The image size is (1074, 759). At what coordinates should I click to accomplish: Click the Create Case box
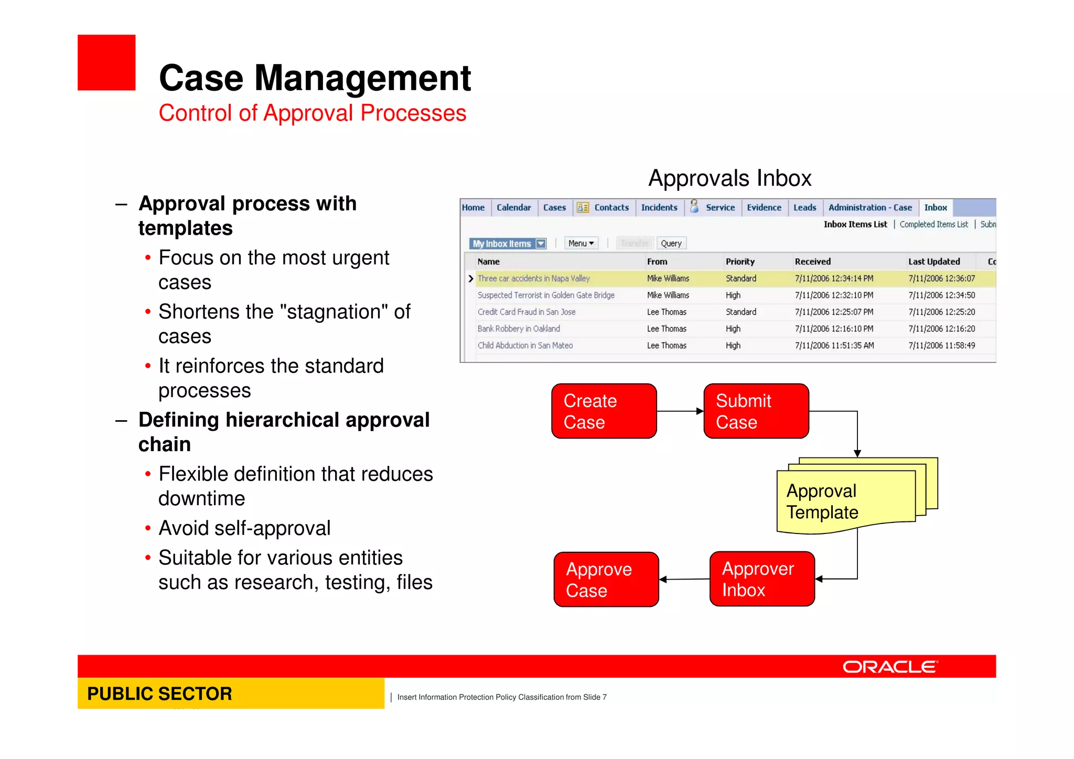(604, 411)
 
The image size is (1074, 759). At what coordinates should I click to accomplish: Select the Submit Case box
(756, 411)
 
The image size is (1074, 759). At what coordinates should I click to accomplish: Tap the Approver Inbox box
(761, 579)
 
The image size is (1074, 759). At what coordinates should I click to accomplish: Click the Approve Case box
(606, 580)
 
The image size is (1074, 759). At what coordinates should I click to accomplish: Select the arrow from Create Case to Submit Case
(680, 411)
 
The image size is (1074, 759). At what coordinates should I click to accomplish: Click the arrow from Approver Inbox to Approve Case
(684, 579)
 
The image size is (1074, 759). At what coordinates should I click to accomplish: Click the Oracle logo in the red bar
(890, 667)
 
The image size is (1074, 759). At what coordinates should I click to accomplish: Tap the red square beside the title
(106, 63)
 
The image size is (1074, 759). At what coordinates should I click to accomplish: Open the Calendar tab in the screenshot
(513, 208)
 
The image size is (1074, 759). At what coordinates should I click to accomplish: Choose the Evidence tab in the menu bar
(764, 208)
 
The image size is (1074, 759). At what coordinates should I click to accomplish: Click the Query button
(671, 243)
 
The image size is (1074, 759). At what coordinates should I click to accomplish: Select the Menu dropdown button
(581, 243)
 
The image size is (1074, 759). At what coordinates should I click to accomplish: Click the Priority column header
(739, 262)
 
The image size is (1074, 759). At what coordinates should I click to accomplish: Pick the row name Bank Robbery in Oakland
(519, 329)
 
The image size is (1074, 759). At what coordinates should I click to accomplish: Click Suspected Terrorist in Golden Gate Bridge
(546, 295)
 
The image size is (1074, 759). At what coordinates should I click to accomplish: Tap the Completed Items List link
(933, 225)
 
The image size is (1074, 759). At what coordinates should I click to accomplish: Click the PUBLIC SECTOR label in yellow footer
(159, 693)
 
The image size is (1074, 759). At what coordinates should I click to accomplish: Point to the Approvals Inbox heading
(729, 178)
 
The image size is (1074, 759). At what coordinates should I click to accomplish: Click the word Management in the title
(362, 78)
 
